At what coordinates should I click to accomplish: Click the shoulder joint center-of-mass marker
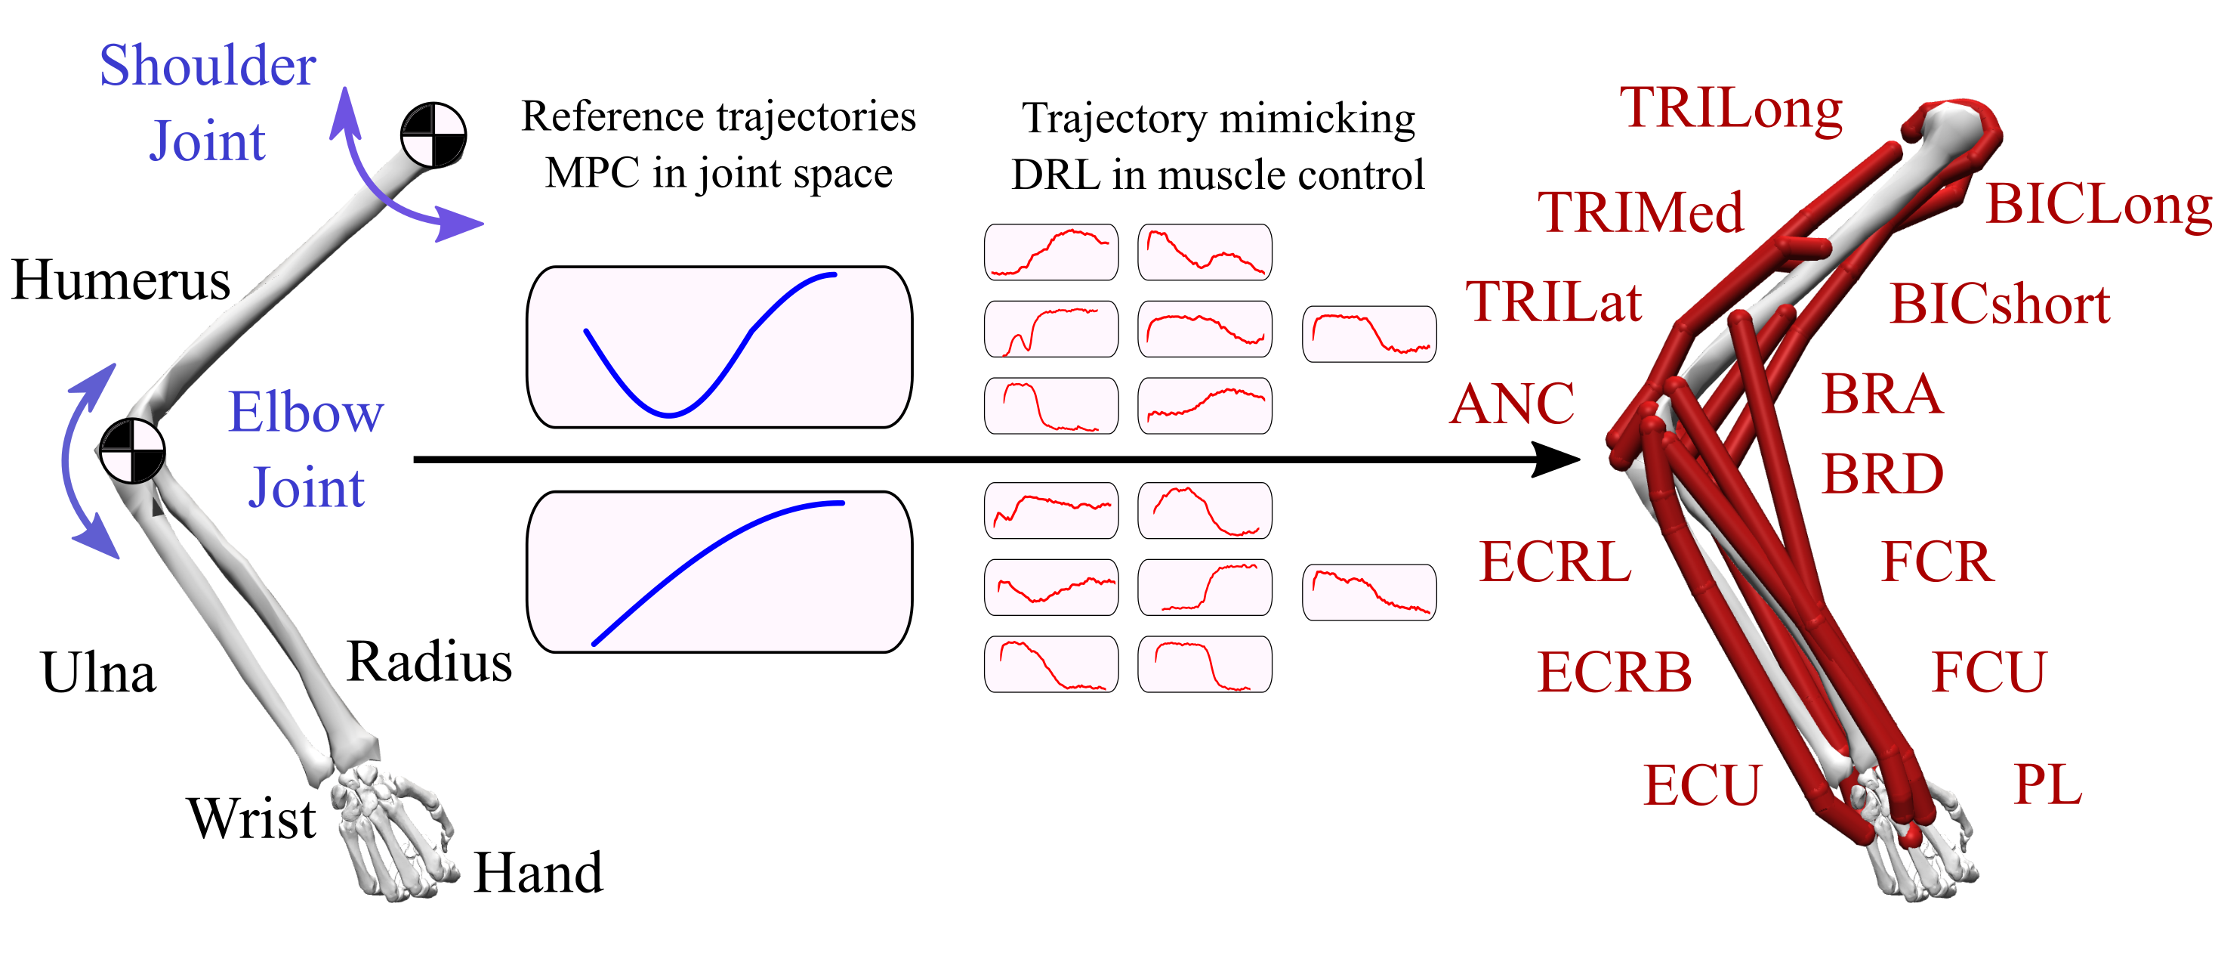coord(433,135)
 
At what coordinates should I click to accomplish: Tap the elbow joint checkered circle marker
coord(131,450)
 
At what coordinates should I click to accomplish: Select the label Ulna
coord(98,673)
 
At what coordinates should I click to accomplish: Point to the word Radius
coord(429,662)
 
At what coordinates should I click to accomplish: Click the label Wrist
coord(252,818)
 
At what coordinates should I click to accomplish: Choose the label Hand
coord(538,873)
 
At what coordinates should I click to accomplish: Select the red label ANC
coord(1512,404)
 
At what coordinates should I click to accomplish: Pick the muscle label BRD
coord(1882,474)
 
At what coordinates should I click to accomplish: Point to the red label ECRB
coord(1614,672)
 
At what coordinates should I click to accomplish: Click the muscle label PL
coord(2047,784)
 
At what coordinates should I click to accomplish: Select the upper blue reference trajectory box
coord(719,347)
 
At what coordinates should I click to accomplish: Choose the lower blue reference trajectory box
coord(719,572)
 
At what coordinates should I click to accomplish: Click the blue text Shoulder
coord(207,67)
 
